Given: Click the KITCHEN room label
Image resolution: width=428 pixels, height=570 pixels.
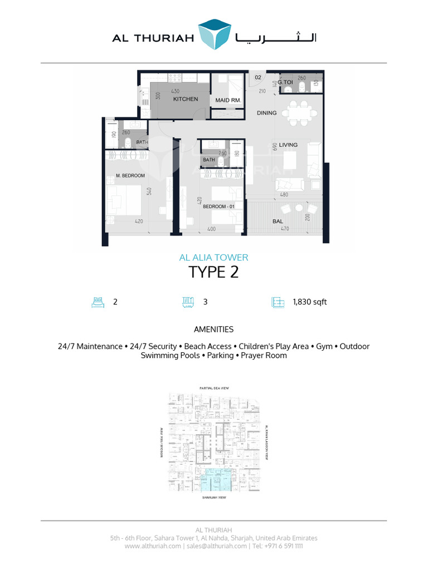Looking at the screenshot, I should coord(186,99).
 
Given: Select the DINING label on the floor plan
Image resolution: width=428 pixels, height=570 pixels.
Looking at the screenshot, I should coord(266,113).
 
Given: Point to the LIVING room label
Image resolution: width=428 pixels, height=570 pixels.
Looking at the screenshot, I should coord(288,145).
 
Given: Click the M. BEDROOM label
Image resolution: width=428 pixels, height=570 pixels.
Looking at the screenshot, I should coord(130,176).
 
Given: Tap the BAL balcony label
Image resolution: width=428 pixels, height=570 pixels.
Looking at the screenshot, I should coord(278,220).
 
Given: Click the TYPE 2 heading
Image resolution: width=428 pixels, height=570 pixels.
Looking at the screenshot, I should coord(213,272).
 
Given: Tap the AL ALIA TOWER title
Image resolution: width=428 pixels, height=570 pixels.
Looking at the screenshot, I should coord(213,258).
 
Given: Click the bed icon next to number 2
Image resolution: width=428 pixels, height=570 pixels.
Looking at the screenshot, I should coord(98,302).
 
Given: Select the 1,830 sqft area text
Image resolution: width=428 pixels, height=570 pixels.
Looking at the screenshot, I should coord(309,302).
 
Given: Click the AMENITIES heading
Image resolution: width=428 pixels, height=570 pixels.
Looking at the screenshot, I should coord(213,330).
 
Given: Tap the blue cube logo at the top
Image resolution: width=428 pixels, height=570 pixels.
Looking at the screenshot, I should coord(215,35).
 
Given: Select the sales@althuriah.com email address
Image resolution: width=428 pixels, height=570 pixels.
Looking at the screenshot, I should coord(216,546).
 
